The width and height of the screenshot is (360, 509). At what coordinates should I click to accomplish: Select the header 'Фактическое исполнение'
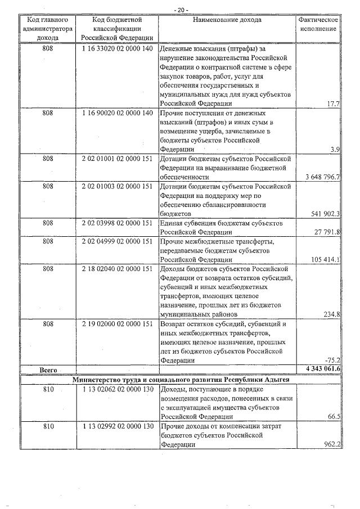318,25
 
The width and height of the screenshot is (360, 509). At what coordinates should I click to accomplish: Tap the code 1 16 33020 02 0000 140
117,49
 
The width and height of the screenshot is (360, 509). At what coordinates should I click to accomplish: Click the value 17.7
332,104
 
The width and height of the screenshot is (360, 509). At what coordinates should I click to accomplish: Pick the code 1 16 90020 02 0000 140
117,113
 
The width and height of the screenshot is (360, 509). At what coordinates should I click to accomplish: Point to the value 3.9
335,150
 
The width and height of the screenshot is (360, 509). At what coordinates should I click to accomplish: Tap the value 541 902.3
325,214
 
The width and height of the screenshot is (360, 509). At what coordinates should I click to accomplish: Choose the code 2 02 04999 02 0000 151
117,241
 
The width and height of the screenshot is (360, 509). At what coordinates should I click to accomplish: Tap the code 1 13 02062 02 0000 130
117,389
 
